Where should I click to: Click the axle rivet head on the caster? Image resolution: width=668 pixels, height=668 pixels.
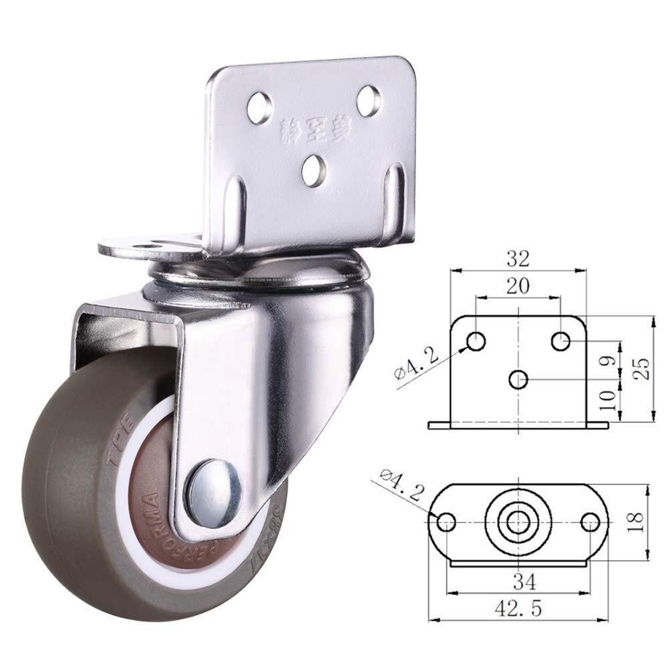213,492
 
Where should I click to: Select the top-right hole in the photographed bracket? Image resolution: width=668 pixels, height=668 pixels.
369,101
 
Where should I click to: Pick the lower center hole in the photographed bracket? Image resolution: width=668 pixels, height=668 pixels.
313,170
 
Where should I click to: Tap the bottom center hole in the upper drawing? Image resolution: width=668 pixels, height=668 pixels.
518,379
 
